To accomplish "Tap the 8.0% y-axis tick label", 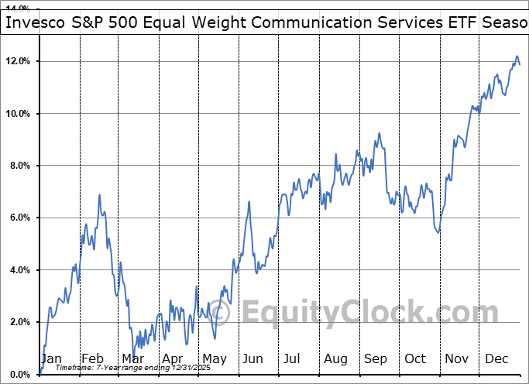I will click(x=18, y=166).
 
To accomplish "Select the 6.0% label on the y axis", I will click(x=18, y=218).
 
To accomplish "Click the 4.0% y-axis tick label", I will click(x=18, y=270).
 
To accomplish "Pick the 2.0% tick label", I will click(x=18, y=322).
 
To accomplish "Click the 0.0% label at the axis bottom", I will click(x=18, y=375).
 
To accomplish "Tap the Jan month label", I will click(x=52, y=358).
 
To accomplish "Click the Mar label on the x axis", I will click(x=132, y=358).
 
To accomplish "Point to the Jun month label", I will click(x=254, y=358).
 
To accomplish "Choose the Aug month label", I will click(x=335, y=358).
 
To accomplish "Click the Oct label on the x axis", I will click(x=416, y=358).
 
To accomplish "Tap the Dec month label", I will click(x=497, y=358).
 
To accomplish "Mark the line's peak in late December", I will click(x=517, y=57).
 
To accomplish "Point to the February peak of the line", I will click(x=100, y=195).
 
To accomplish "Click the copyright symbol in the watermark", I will click(x=222, y=313).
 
